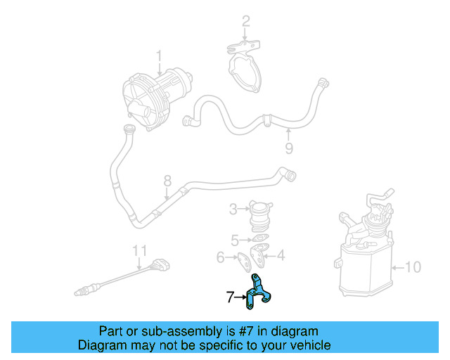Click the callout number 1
click(x=159, y=55)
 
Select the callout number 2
click(x=245, y=21)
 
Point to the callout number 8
click(x=167, y=181)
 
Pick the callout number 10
click(x=413, y=266)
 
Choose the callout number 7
click(x=230, y=297)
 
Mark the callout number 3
click(x=233, y=209)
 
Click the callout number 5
click(x=235, y=239)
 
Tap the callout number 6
click(x=220, y=257)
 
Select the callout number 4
click(x=281, y=256)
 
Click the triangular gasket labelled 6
click(x=242, y=259)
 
